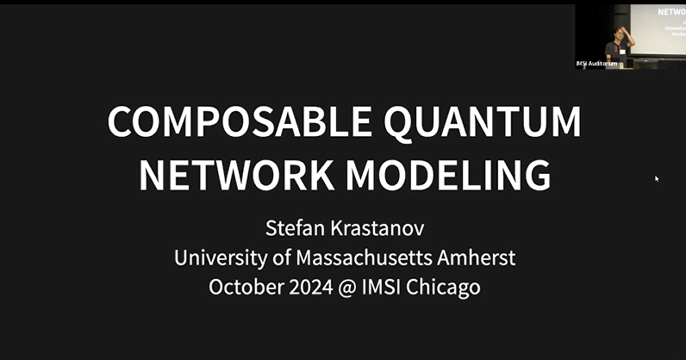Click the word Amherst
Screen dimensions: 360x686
(479, 258)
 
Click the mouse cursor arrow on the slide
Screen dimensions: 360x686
(657, 178)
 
